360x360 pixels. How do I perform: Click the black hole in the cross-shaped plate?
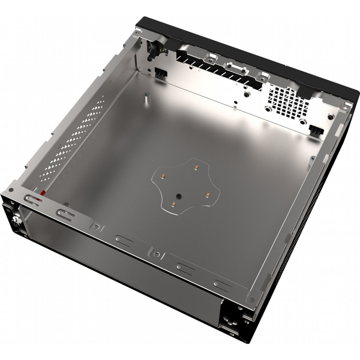click(178, 196)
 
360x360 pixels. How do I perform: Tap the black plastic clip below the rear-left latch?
click(160, 72)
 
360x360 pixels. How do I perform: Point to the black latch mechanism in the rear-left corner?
click(154, 48)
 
